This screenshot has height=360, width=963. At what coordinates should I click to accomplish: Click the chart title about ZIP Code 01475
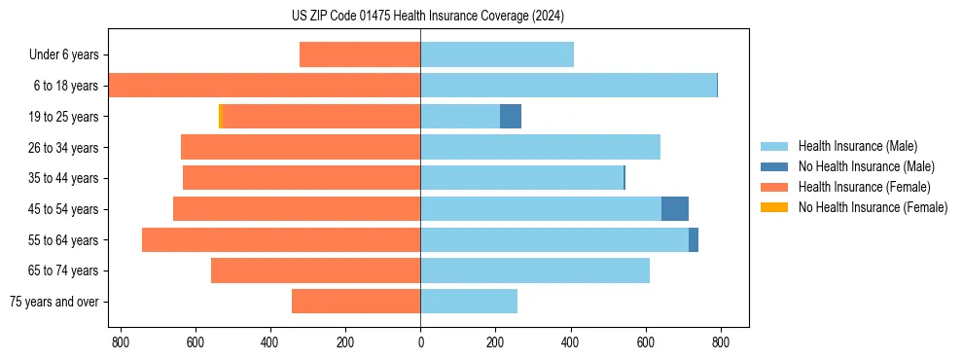pos(427,16)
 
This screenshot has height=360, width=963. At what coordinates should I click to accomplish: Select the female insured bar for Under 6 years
pos(360,54)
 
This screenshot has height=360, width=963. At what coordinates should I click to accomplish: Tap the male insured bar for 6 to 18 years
pos(568,86)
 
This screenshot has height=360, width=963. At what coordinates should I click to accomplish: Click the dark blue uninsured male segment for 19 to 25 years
pos(511,117)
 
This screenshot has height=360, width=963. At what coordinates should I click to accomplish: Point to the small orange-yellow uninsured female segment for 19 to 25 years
pos(221,117)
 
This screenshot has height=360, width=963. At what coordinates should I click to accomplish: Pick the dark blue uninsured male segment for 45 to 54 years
pos(675,209)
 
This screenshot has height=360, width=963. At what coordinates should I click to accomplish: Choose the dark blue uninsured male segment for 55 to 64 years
pos(694,240)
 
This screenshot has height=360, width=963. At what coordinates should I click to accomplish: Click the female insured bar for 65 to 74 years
pos(315,270)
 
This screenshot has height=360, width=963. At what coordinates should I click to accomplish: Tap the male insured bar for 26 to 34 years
pos(540,147)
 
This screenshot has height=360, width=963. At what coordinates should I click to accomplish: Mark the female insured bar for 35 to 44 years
pos(302,178)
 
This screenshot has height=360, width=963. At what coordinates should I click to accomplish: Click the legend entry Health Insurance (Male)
pos(857,146)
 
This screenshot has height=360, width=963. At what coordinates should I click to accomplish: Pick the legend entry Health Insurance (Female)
pos(864,187)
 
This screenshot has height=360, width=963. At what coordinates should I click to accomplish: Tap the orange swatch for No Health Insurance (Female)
pos(775,207)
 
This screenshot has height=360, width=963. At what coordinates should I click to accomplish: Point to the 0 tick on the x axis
pos(420,342)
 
